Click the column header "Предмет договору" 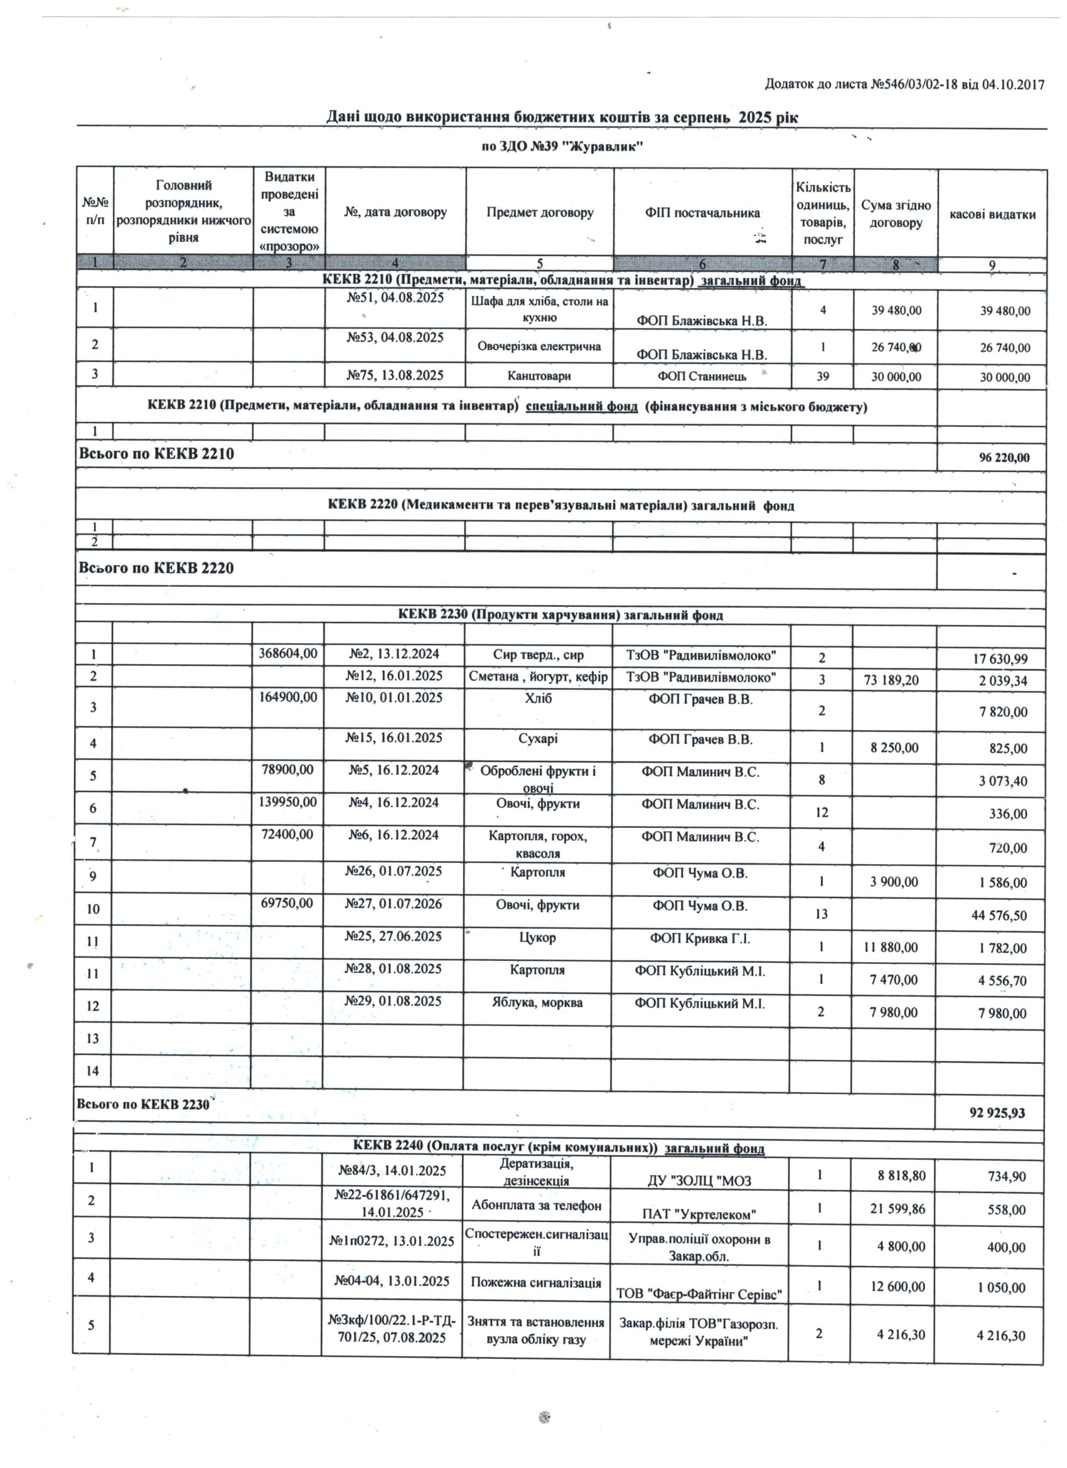pyautogui.click(x=539, y=213)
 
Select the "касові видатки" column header pyautogui.click(x=992, y=214)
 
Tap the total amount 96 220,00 pyautogui.click(x=1004, y=458)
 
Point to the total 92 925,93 pyautogui.click(x=997, y=1113)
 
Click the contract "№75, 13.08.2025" pyautogui.click(x=395, y=375)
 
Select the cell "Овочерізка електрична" pyautogui.click(x=539, y=346)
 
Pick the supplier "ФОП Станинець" pyautogui.click(x=702, y=376)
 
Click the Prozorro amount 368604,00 pyautogui.click(x=288, y=654)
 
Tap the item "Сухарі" pyautogui.click(x=538, y=739)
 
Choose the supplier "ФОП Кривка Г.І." pyautogui.click(x=700, y=938)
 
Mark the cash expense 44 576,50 pyautogui.click(x=999, y=915)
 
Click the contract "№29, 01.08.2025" pyautogui.click(x=393, y=1000)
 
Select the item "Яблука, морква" pyautogui.click(x=537, y=1002)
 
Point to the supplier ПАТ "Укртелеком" pyautogui.click(x=699, y=1214)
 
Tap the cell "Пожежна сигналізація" pyautogui.click(x=536, y=1282)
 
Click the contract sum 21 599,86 pyautogui.click(x=898, y=1208)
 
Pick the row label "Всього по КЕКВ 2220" pyautogui.click(x=156, y=568)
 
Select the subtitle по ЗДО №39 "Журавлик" pyautogui.click(x=562, y=146)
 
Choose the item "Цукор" pyautogui.click(x=537, y=937)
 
